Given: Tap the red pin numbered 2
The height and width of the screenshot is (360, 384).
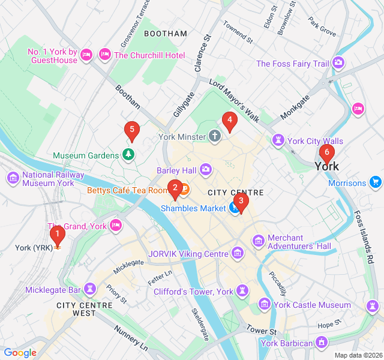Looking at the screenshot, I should [175, 188].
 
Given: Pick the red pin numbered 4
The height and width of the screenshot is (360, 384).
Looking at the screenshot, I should [229, 121].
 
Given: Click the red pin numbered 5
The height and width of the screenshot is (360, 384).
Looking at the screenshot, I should [131, 130].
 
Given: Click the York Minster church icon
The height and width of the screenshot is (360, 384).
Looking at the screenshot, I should [215, 137].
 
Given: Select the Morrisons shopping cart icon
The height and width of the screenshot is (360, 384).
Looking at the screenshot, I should [376, 182].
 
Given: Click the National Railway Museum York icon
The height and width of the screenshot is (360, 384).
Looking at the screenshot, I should [13, 178].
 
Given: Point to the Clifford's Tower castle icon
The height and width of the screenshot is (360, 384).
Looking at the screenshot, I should [242, 292].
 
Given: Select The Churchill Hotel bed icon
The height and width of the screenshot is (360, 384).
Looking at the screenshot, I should [106, 55].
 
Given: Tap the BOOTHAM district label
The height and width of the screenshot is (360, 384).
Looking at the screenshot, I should [166, 34].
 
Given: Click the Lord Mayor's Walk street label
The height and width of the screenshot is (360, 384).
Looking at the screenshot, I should [234, 100].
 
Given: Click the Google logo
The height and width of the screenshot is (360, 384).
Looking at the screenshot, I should [20, 352].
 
